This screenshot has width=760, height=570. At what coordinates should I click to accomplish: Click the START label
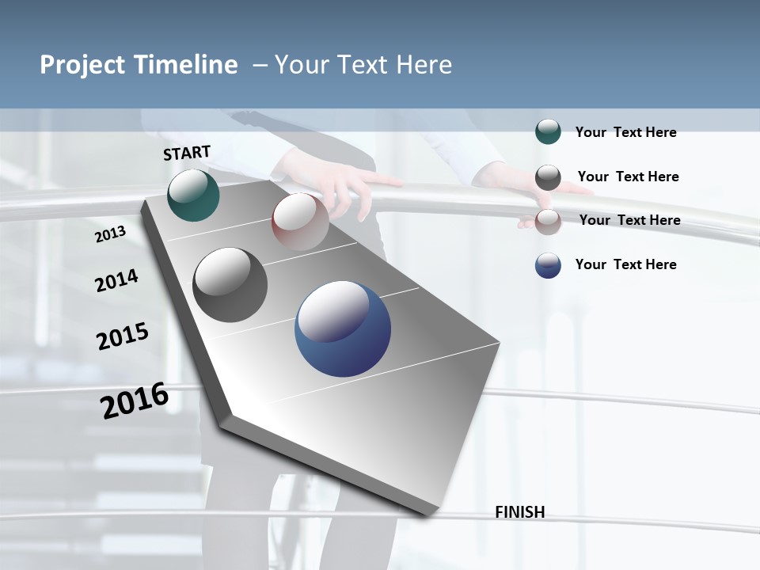click(187, 153)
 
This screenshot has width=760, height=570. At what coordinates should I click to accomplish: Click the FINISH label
click(519, 512)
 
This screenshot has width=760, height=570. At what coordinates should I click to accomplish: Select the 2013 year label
click(111, 234)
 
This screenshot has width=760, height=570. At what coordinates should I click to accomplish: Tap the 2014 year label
click(116, 280)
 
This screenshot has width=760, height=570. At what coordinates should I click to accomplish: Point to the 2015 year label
click(123, 336)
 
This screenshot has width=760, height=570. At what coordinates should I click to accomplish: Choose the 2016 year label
click(135, 401)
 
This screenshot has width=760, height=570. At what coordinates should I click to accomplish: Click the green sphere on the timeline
click(193, 195)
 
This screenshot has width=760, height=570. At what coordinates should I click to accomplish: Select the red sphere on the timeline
click(300, 221)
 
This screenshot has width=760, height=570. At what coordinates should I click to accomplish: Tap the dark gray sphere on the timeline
click(230, 285)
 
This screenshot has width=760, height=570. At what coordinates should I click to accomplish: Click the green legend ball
click(548, 131)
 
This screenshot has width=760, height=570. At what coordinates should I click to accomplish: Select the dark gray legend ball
click(548, 177)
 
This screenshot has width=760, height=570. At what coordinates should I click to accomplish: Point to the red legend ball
click(548, 222)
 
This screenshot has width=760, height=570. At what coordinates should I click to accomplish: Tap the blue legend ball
click(548, 265)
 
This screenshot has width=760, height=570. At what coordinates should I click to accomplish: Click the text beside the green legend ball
click(625, 132)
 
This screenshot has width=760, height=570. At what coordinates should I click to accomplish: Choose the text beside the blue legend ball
click(625, 264)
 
